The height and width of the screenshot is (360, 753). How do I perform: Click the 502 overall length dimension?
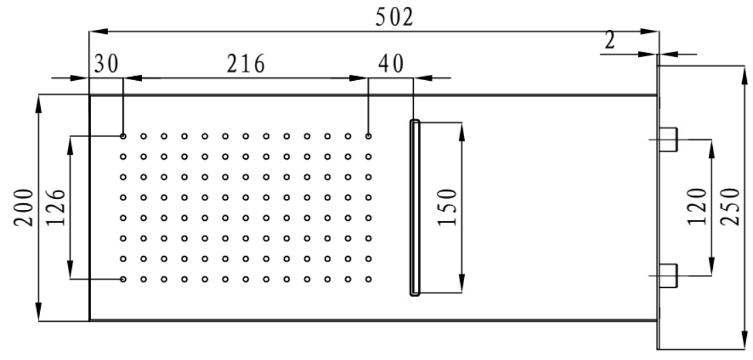point(393,18)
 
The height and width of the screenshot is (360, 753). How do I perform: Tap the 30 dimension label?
point(105,64)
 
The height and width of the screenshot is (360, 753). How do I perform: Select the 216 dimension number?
point(245,64)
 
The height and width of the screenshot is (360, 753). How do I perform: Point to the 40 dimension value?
point(391,64)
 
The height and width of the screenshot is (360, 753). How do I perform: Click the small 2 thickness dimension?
point(610,41)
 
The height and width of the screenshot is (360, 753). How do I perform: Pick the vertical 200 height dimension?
point(24,208)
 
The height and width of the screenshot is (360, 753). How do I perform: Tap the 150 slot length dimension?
point(446,207)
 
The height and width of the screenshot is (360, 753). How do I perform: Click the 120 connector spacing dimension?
point(697,206)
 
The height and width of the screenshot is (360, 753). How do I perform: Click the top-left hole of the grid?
point(123,137)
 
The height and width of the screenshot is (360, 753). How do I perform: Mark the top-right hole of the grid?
point(368,137)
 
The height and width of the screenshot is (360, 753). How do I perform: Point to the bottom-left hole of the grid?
point(123,279)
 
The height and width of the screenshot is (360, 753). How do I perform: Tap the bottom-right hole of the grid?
point(368,279)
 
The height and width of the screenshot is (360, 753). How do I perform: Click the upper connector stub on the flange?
point(668,140)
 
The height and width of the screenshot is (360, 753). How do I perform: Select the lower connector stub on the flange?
point(668,276)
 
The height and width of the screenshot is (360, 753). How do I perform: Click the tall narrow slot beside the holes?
point(415,207)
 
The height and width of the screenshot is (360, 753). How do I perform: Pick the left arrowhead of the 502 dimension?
point(96,32)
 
